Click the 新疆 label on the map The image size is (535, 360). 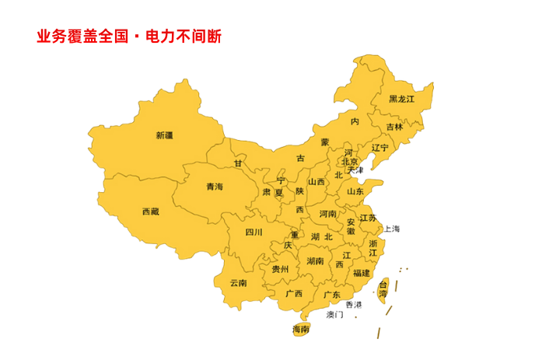point(164,135)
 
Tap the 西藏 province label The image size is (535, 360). point(150,211)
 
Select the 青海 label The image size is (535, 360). point(214,187)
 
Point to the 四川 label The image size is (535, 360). point(254,232)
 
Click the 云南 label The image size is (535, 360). point(238,283)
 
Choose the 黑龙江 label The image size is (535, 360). point(401,100)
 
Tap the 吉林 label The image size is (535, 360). point(394,127)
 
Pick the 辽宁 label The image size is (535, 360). point(379,148)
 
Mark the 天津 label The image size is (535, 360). point(355,170)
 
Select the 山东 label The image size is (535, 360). point(355,191)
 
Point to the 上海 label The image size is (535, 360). point(391,229)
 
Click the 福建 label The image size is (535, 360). point(361,273)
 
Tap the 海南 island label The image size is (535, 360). point(300,330)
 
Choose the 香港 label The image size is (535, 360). point(354,305)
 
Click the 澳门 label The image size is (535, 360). point(335,315)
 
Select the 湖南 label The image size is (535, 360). point(315,260)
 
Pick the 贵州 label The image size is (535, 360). point(280,269)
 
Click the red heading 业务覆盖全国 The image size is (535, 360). point(82,37)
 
